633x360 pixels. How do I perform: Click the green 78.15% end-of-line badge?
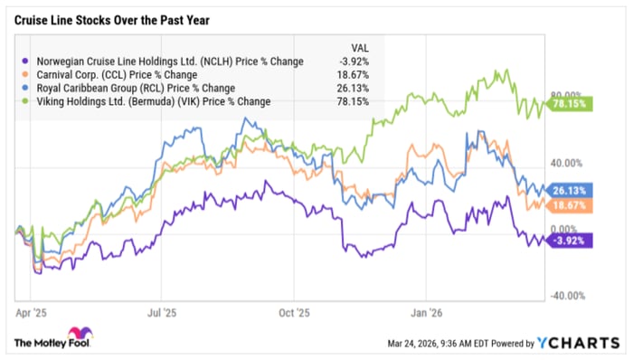[570, 105]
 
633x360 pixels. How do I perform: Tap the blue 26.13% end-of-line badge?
[570, 190]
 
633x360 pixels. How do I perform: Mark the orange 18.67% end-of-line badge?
[570, 206]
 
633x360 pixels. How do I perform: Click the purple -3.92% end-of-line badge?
[570, 241]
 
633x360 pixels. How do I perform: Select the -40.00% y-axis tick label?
[569, 296]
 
